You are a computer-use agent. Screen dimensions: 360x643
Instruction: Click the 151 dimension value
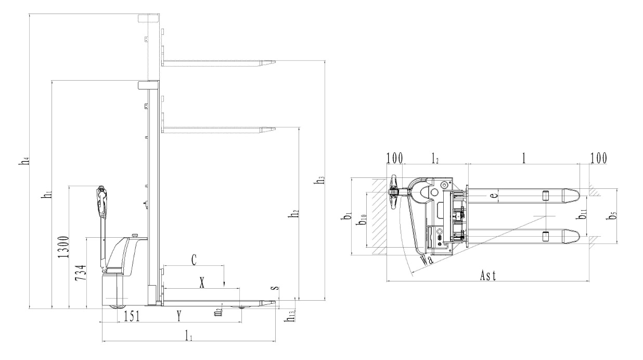pyautogui.click(x=131, y=316)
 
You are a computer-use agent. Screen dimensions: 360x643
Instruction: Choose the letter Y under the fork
pyautogui.click(x=179, y=316)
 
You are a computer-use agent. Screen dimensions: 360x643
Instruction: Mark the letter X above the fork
pyautogui.click(x=203, y=282)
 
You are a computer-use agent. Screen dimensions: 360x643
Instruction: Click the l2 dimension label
pyautogui.click(x=435, y=159)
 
